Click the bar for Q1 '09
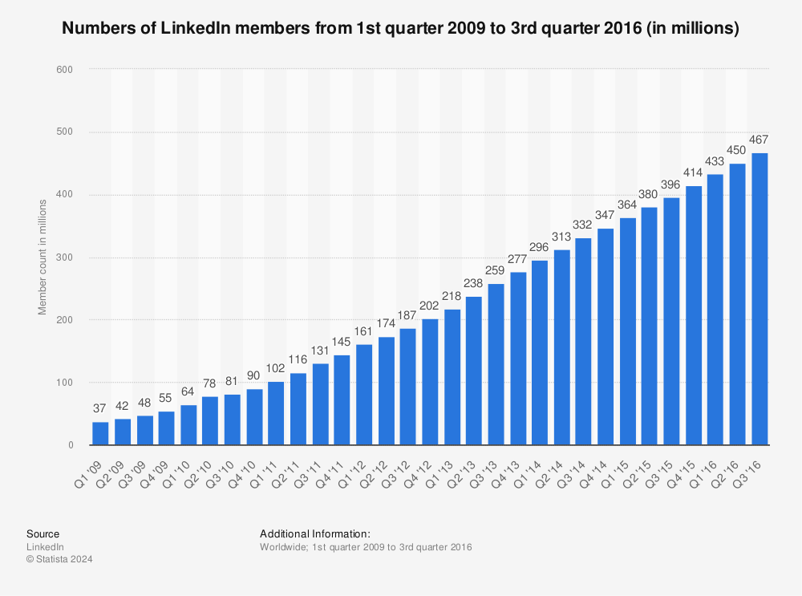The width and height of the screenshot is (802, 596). click(x=100, y=433)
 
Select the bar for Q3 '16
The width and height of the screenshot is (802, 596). click(x=759, y=298)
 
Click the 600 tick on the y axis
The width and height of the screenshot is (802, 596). click(x=65, y=70)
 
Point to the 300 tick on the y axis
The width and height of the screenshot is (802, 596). click(x=65, y=257)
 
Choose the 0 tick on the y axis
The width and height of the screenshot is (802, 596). click(x=71, y=445)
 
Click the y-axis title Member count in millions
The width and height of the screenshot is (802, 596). click(x=43, y=257)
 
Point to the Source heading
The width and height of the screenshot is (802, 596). click(x=43, y=533)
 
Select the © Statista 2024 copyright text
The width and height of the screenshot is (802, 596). click(x=59, y=559)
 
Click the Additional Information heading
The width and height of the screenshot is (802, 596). click(x=314, y=533)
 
